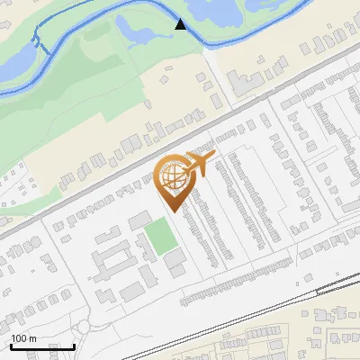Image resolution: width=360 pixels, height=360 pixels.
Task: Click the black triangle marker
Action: point(180,24)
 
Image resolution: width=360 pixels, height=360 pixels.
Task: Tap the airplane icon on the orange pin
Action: point(197,166)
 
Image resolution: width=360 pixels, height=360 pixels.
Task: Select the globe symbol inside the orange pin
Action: point(171,177)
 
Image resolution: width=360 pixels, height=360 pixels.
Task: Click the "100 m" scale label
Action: point(23,338)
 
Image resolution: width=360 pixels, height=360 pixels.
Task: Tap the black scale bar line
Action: point(42,346)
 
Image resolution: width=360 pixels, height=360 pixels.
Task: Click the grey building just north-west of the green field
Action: point(139,220)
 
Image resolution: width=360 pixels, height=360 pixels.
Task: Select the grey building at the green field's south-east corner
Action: point(175,258)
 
